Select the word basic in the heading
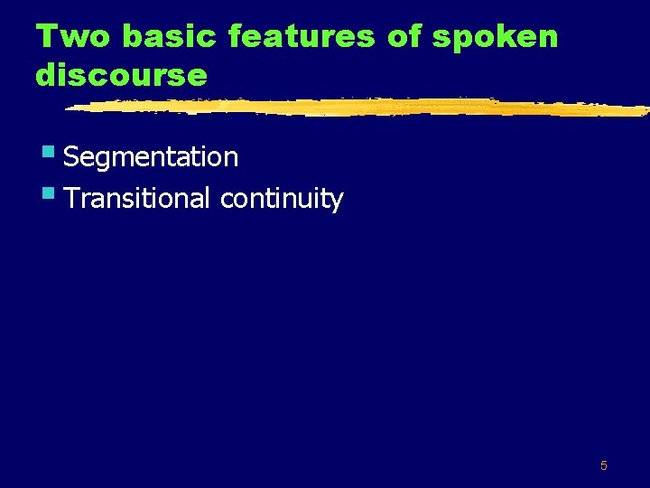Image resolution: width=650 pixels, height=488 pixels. (170, 37)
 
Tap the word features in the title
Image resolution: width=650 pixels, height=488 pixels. (302, 37)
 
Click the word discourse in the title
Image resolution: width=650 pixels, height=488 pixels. (121, 75)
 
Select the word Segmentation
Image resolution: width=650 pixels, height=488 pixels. (152, 157)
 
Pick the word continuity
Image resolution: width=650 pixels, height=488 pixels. (282, 199)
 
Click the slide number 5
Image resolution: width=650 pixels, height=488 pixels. (604, 466)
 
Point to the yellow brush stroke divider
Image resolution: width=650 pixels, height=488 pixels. (361, 108)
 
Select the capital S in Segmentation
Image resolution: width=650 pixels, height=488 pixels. (73, 157)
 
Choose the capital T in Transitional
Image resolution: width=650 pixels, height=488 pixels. (72, 198)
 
